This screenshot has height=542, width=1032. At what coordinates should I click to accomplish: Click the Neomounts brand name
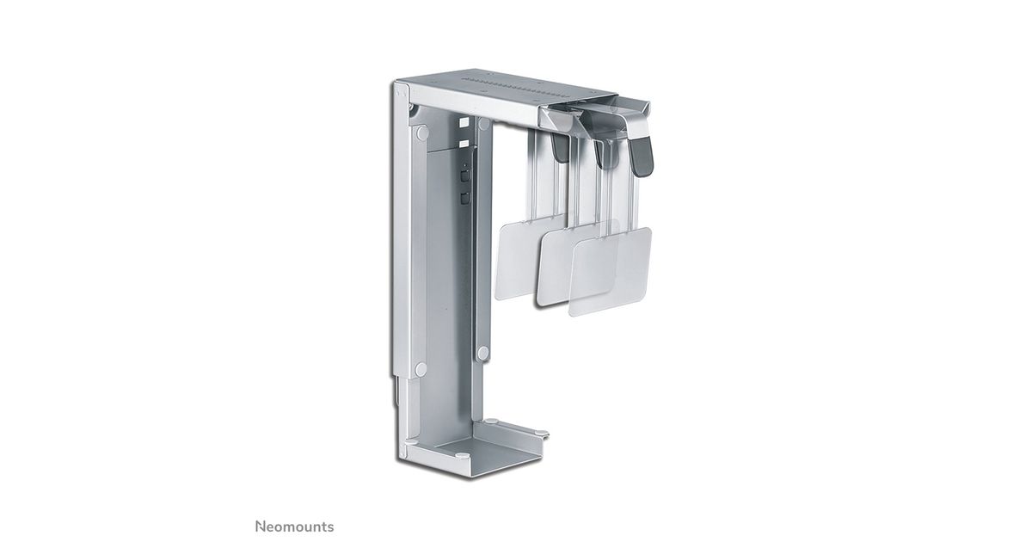click(294, 527)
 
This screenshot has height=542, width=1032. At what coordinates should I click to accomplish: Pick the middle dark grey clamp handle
click(603, 154)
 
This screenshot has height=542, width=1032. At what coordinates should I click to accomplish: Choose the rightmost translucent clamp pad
click(611, 272)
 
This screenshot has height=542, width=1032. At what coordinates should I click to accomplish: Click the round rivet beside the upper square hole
click(483, 124)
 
